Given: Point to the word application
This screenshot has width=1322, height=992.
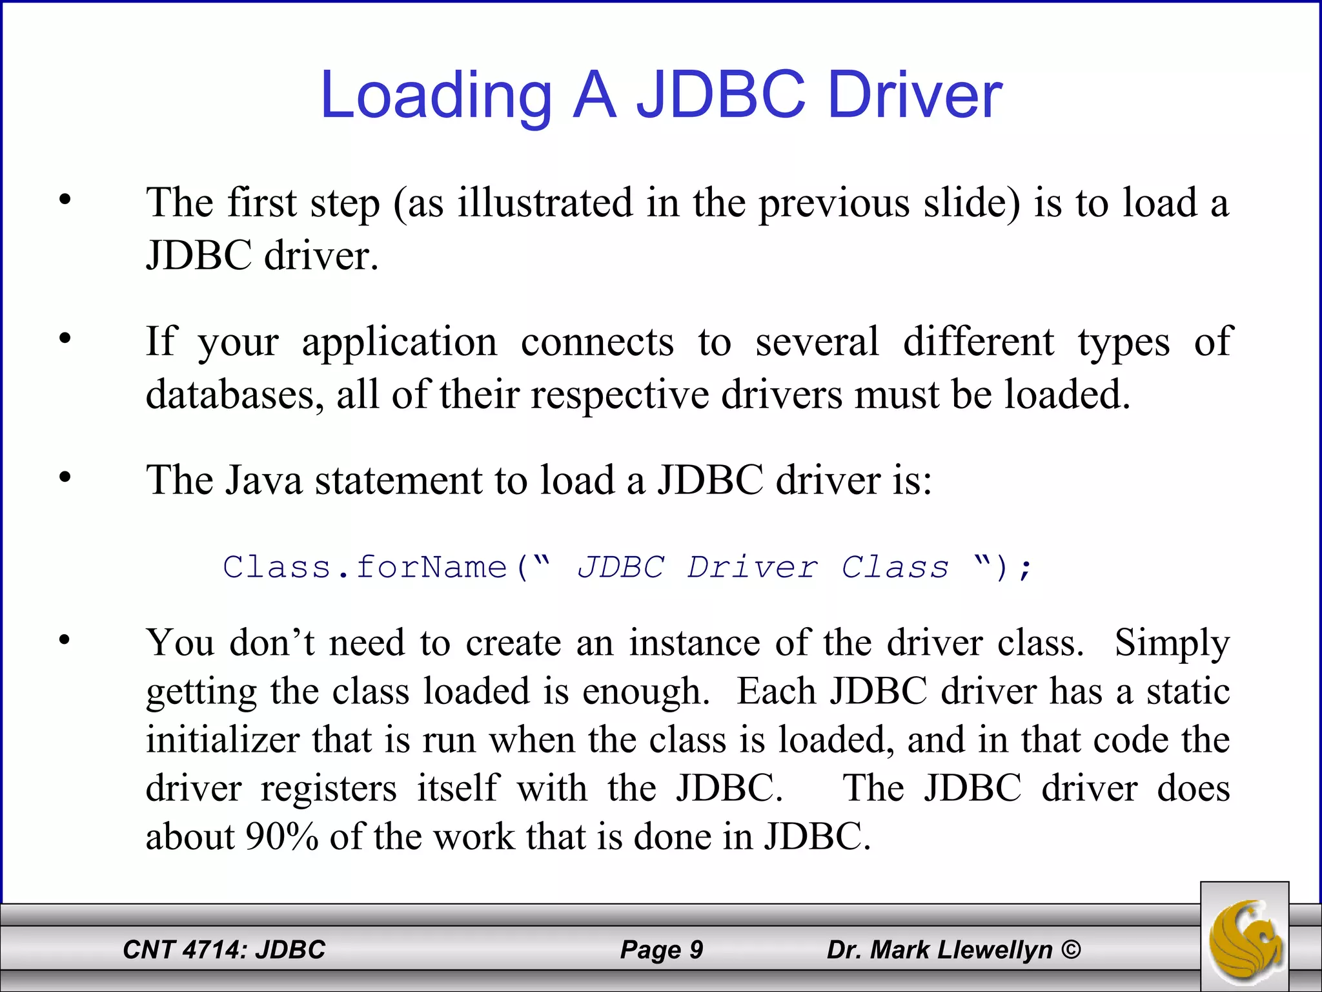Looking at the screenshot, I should coord(400,342).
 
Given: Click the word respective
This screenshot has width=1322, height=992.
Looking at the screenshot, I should coord(620,395).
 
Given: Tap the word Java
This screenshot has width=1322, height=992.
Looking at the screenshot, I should coord(263,480).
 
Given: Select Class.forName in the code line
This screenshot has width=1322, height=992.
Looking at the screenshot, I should coord(365,567).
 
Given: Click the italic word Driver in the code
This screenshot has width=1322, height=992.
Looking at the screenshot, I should coord(753,567).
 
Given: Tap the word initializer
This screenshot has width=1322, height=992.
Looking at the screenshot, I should coord(222,740).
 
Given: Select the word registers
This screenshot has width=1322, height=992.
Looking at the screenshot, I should coord(329,789).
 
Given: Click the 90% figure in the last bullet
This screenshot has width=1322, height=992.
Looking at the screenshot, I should coord(282,837).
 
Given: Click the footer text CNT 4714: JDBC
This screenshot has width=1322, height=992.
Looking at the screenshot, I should coord(224,949).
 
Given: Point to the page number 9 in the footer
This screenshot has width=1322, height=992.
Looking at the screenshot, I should coord(696,949).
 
